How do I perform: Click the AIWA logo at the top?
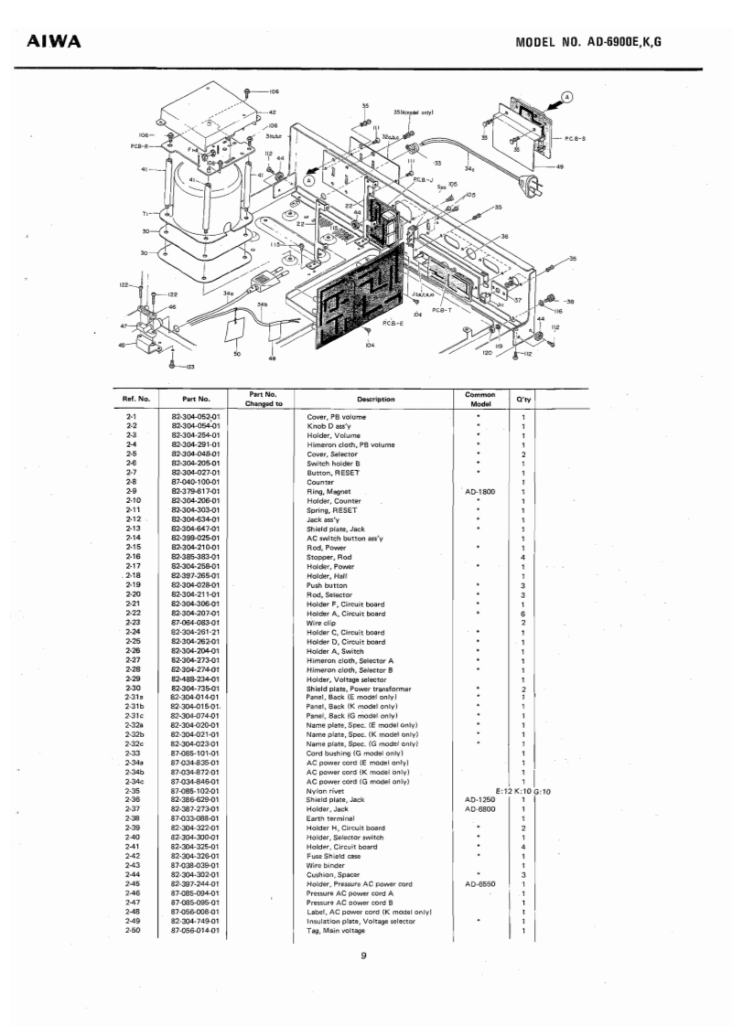click(x=56, y=42)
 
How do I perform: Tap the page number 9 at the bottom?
click(x=363, y=957)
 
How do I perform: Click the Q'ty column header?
click(x=523, y=399)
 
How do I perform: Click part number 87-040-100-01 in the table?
click(x=198, y=481)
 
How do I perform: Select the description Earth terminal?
click(x=333, y=818)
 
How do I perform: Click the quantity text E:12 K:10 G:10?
click(x=522, y=790)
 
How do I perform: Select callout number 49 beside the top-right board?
click(x=560, y=166)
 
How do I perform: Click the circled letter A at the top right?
click(x=567, y=96)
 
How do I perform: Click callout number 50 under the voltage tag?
click(x=238, y=353)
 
